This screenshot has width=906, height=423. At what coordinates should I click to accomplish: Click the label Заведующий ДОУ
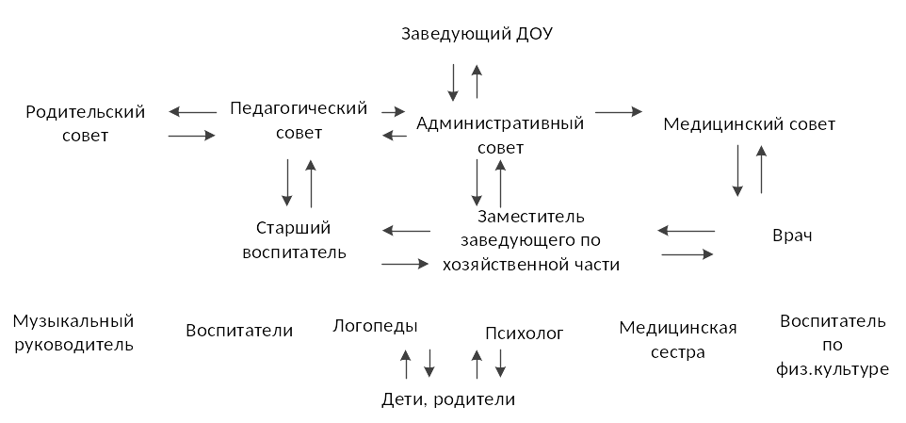(477, 34)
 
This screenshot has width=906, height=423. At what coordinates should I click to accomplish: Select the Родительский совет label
(86, 123)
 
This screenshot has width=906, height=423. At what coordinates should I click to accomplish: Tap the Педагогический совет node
(299, 121)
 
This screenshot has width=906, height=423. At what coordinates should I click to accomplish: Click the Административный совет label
(500, 136)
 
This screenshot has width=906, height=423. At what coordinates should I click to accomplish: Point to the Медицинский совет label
(749, 124)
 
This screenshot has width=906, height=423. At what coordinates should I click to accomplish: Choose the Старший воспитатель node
(294, 240)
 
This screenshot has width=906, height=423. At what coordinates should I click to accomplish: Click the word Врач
(792, 236)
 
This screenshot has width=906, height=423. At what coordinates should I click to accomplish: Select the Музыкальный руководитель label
(73, 333)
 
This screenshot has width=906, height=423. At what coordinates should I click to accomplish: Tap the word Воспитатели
(239, 331)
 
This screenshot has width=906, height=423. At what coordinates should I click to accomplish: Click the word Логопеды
(375, 327)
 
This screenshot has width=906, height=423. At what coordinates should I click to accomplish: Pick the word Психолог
(524, 334)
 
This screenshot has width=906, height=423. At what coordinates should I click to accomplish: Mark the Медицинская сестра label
(678, 340)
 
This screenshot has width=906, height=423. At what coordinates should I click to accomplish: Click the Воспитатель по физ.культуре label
(833, 345)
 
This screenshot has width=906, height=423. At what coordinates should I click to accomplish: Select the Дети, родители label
(448, 399)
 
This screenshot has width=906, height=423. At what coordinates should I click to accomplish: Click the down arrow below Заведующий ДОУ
(453, 83)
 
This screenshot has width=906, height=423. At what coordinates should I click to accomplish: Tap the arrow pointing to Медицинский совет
(619, 112)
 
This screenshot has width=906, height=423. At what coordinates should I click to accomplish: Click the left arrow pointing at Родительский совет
(192, 112)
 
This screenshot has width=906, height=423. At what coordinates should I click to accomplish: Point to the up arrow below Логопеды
(406, 364)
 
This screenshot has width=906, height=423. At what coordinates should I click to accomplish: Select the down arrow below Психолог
(500, 364)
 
